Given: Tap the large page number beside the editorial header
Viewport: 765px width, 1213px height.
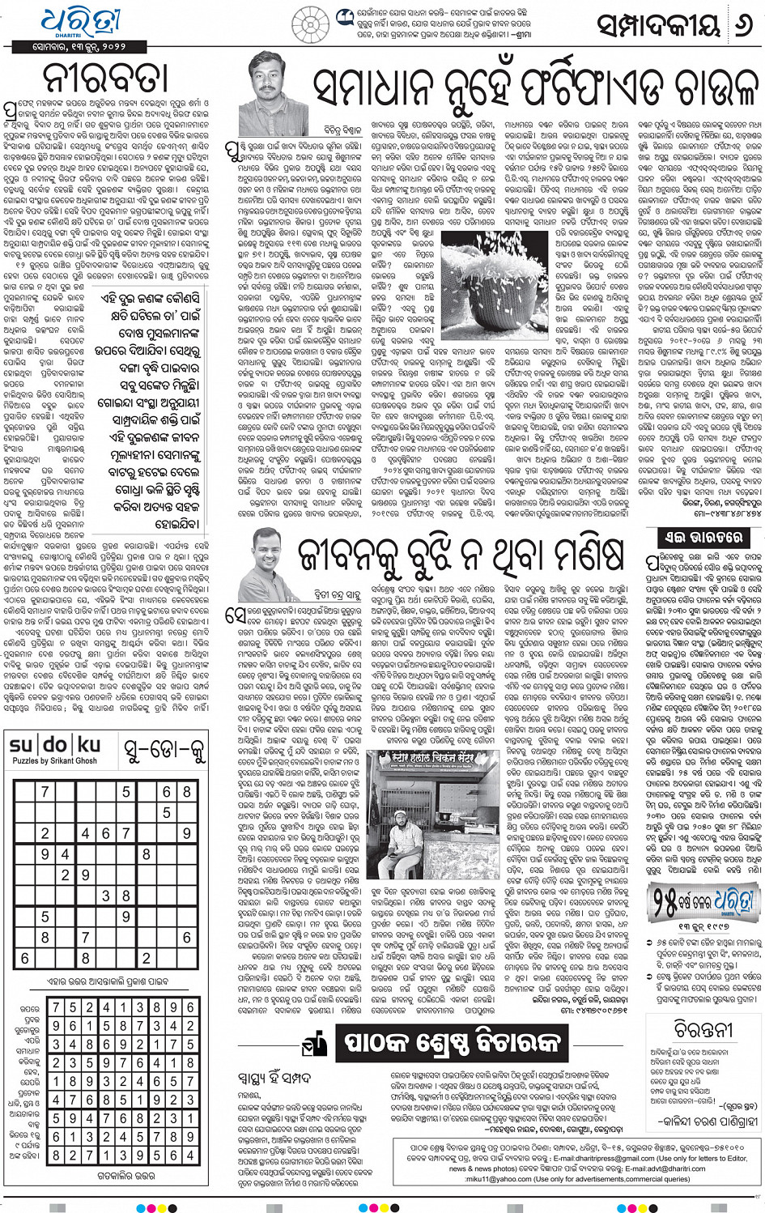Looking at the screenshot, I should pyautogui.click(x=742, y=26).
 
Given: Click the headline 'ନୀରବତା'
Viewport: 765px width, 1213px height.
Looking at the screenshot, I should pyautogui.click(x=106, y=78).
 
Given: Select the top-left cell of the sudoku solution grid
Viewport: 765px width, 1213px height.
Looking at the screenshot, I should pyautogui.click(x=56, y=1007).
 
